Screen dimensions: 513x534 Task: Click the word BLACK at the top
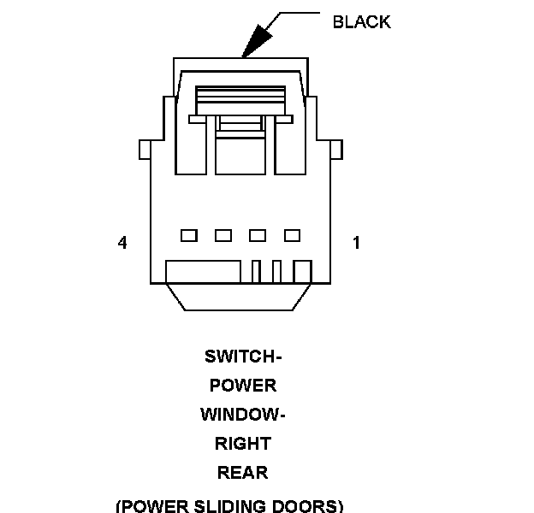(361, 22)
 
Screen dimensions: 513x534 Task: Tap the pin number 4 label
(122, 243)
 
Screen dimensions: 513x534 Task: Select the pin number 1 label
(356, 243)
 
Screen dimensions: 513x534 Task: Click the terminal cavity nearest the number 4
(189, 235)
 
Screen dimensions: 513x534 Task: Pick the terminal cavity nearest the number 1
(292, 235)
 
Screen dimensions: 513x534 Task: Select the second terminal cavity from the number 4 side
(223, 235)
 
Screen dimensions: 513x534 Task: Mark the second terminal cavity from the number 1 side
(258, 235)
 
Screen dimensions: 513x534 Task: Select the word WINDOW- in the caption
(243, 415)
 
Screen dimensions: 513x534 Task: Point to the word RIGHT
(243, 444)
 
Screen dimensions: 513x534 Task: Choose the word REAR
(243, 472)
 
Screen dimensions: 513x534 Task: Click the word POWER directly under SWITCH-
(243, 386)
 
